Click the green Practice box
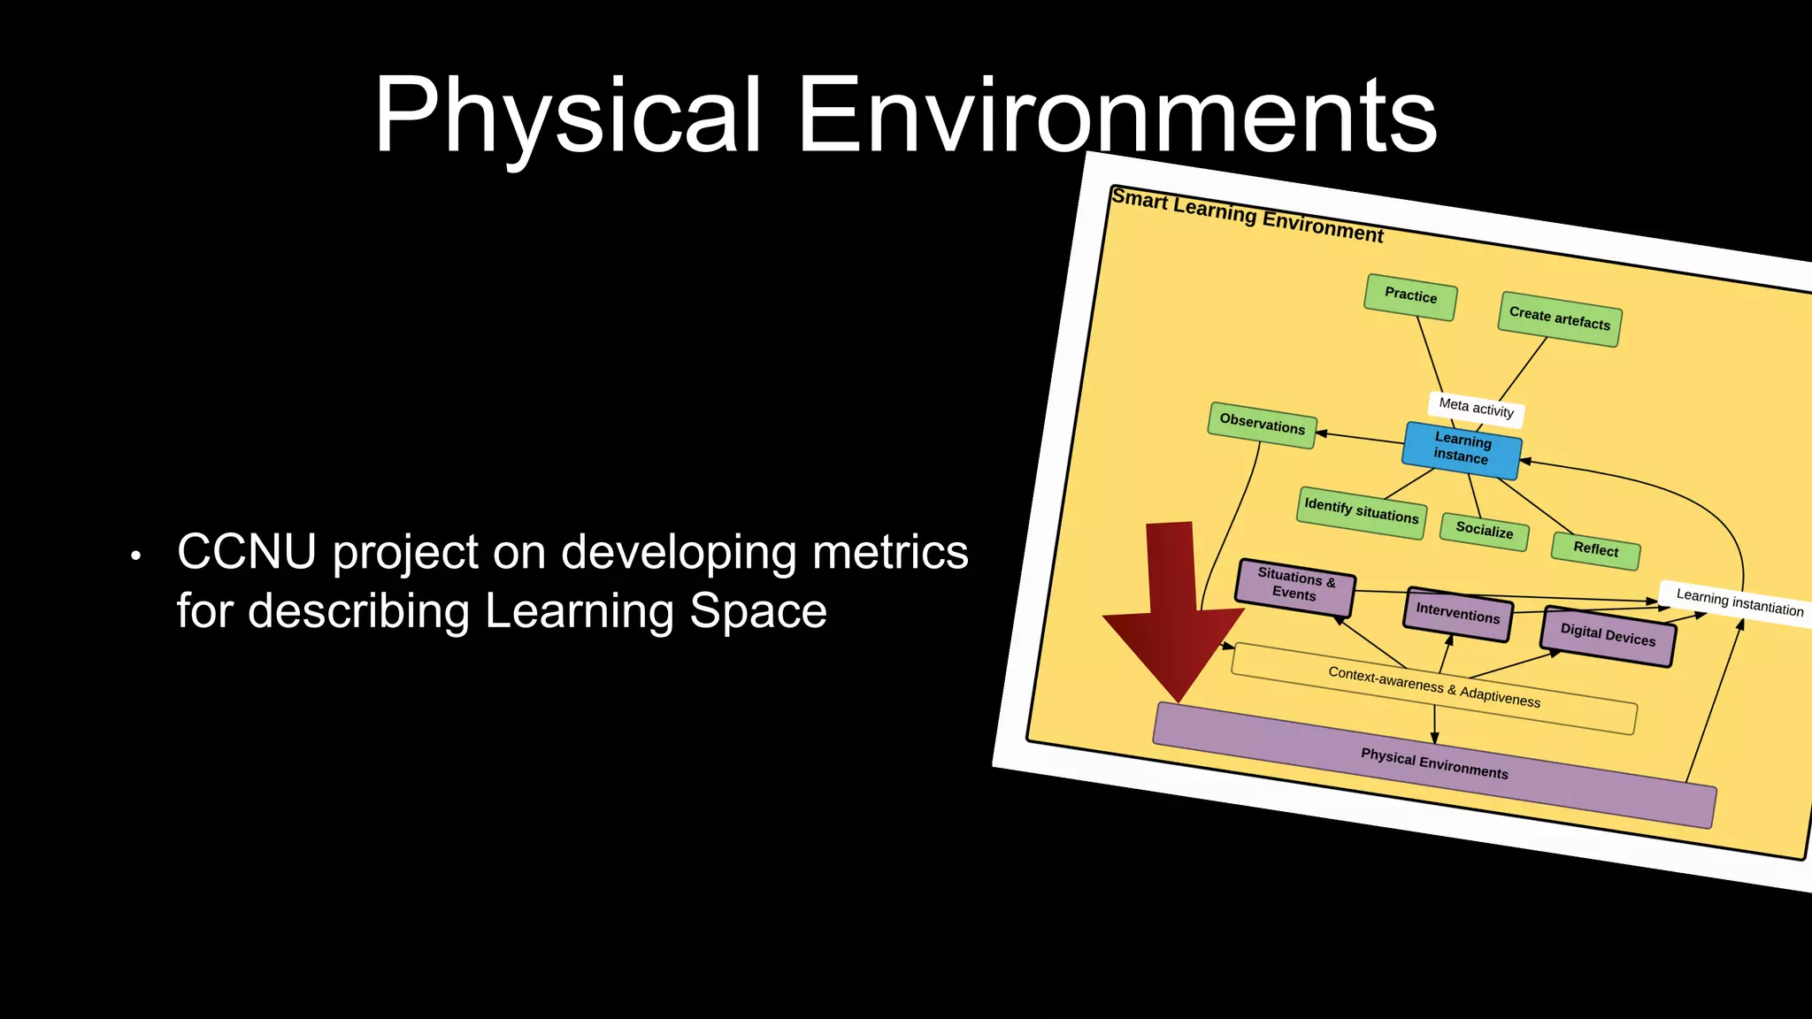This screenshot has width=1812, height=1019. (x=1410, y=296)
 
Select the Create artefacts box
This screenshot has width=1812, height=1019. (x=1560, y=318)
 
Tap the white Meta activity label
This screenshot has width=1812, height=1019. (x=1476, y=408)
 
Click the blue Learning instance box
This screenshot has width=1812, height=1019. (x=1462, y=449)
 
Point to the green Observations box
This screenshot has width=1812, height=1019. (x=1262, y=425)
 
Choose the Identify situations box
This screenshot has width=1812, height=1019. (x=1361, y=511)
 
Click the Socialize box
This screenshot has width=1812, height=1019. (x=1484, y=531)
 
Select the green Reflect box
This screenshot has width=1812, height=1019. (x=1595, y=549)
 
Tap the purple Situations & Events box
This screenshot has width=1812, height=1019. (x=1294, y=586)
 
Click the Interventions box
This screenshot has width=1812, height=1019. (x=1457, y=613)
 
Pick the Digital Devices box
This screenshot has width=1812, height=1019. (x=1607, y=635)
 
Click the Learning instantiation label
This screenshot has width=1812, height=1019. (x=1739, y=603)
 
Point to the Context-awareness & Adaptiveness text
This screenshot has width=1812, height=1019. (x=1433, y=687)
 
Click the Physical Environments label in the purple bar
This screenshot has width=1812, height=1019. (x=1433, y=763)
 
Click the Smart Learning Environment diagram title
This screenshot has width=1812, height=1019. (x=1247, y=215)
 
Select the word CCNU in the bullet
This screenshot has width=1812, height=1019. (x=246, y=552)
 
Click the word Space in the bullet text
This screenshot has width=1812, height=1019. (x=757, y=611)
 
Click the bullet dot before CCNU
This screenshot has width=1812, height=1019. (x=135, y=556)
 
